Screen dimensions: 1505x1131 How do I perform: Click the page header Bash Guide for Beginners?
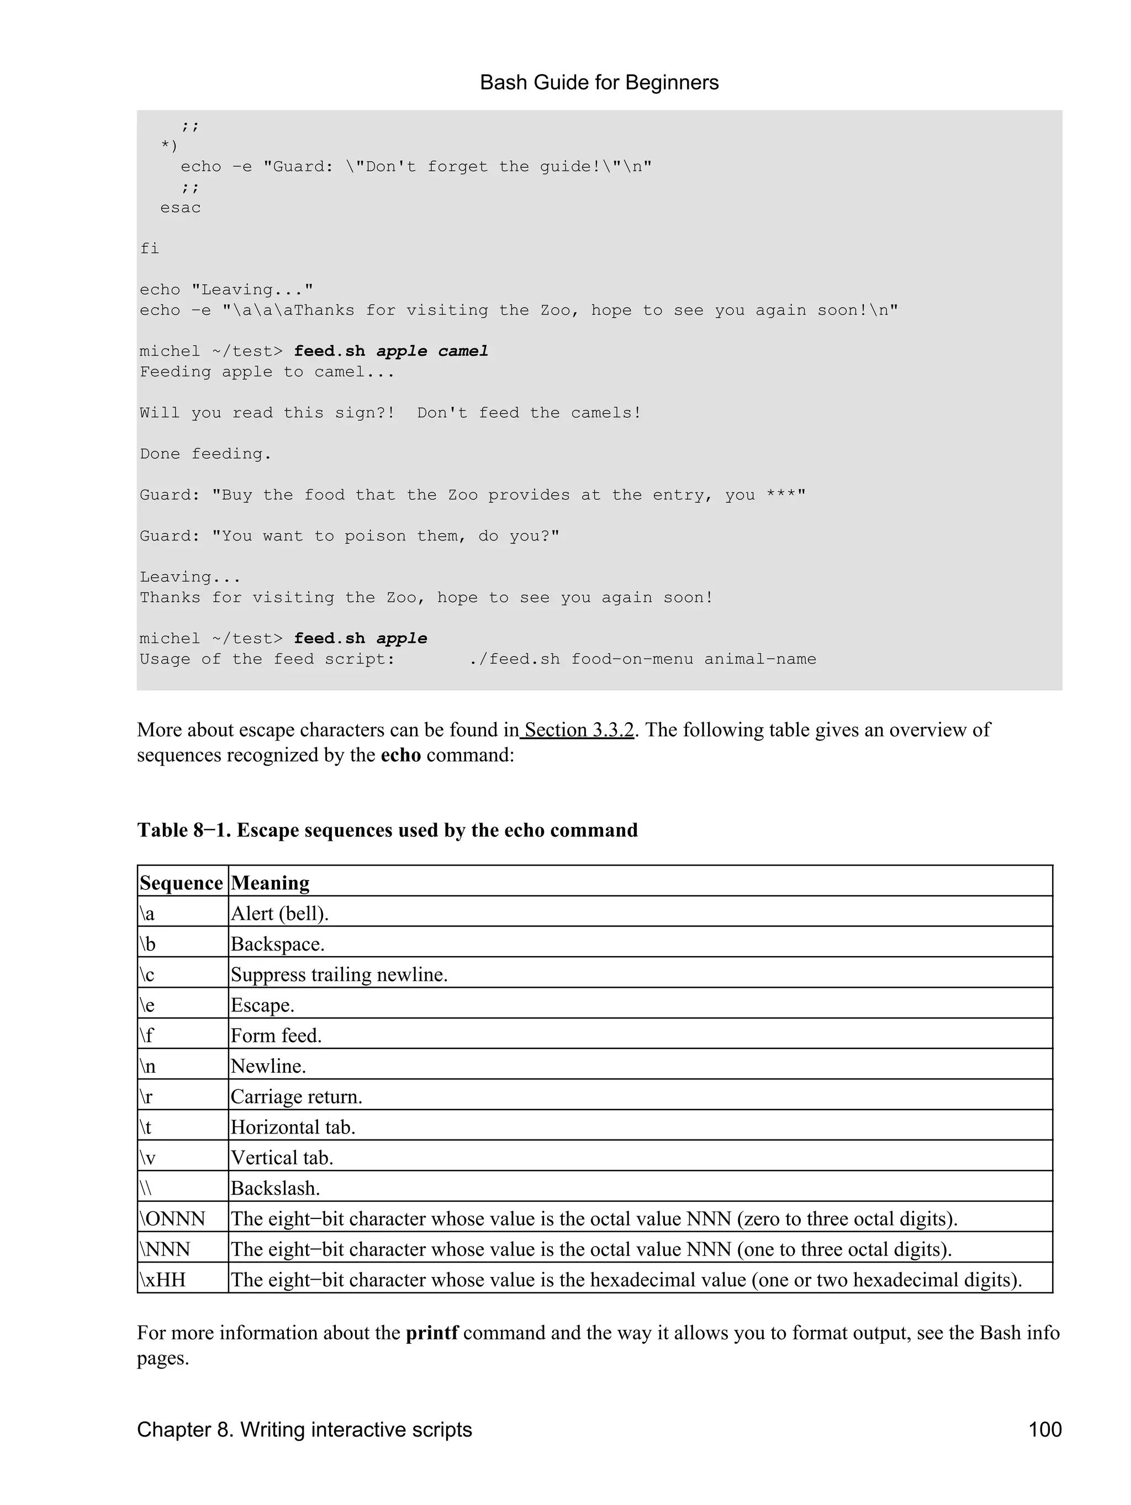click(599, 82)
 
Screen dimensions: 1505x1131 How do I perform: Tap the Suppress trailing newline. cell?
click(339, 974)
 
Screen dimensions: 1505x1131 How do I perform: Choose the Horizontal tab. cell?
click(293, 1127)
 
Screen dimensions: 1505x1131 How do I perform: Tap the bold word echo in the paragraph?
click(401, 755)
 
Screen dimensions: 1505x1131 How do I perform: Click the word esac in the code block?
click(181, 208)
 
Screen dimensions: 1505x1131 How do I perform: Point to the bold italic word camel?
click(463, 351)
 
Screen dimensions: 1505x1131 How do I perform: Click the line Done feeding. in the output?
click(205, 454)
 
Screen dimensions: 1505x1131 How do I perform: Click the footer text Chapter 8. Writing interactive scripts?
click(304, 1429)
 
